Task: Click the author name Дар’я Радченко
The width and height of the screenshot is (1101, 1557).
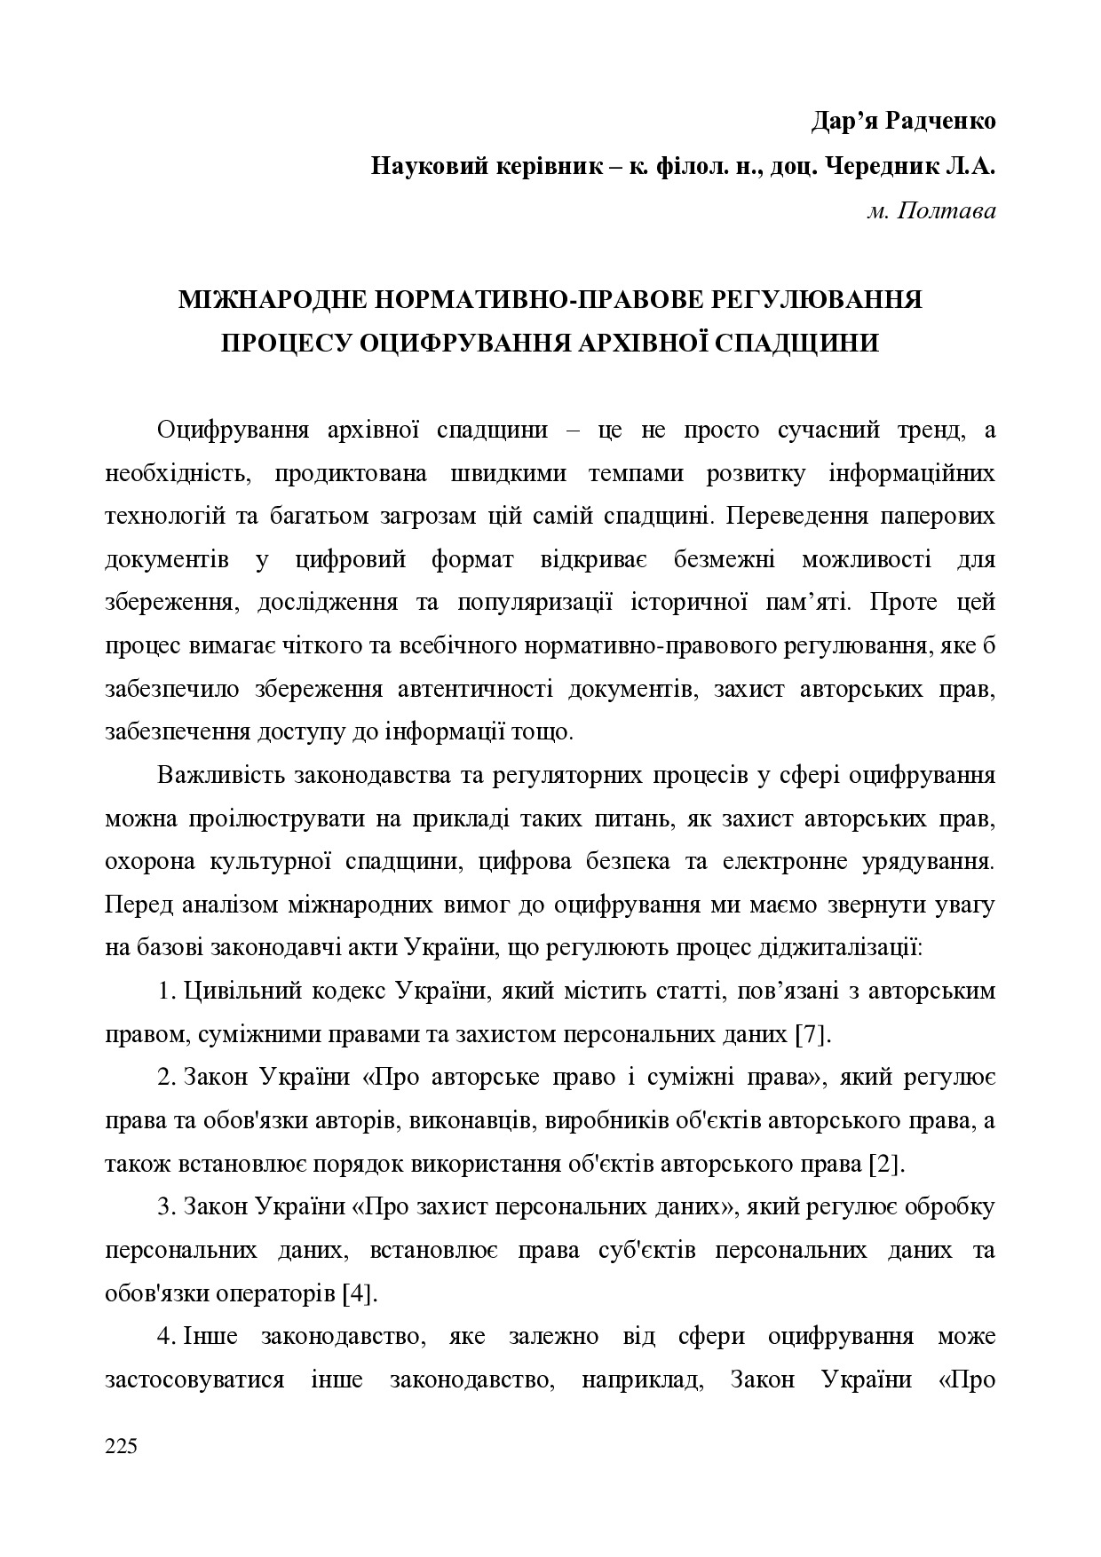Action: [x=903, y=121]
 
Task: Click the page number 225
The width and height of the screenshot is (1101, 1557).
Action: [x=121, y=1447]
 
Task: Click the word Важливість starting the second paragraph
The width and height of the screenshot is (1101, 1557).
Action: [x=226, y=775]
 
